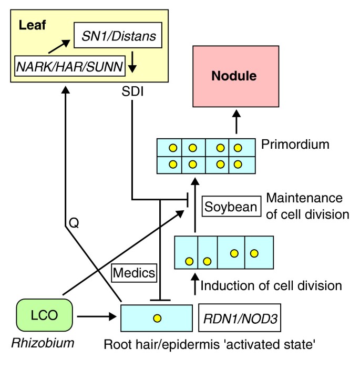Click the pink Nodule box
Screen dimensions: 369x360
pos(234,76)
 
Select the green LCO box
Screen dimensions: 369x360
pos(45,316)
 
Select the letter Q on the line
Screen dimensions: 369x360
pos(74,224)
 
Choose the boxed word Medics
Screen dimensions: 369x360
pos(134,272)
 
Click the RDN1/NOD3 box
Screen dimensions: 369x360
pos(231,318)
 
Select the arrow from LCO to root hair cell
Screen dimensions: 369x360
pos(96,317)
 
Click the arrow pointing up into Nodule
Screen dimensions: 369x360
pos(236,121)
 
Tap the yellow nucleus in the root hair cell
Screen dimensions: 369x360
pos(157,317)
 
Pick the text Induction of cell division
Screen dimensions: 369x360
pos(271,286)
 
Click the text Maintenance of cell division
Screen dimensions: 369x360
pos(304,206)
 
